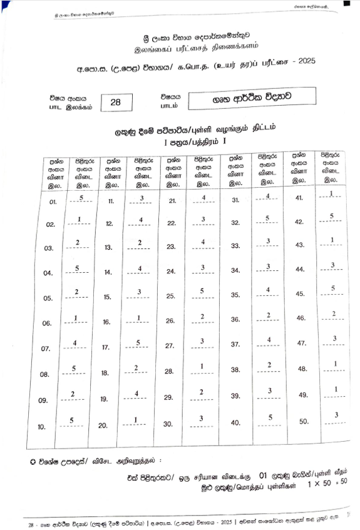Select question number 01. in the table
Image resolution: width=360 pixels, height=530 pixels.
pyautogui.click(x=52, y=202)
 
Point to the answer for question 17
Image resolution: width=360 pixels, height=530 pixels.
pyautogui.click(x=141, y=343)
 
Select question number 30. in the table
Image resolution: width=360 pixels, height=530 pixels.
pyautogui.click(x=169, y=423)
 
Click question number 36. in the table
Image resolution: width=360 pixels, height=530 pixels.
pyautogui.click(x=235, y=319)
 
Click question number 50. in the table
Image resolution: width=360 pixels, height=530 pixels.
pyautogui.click(x=304, y=422)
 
